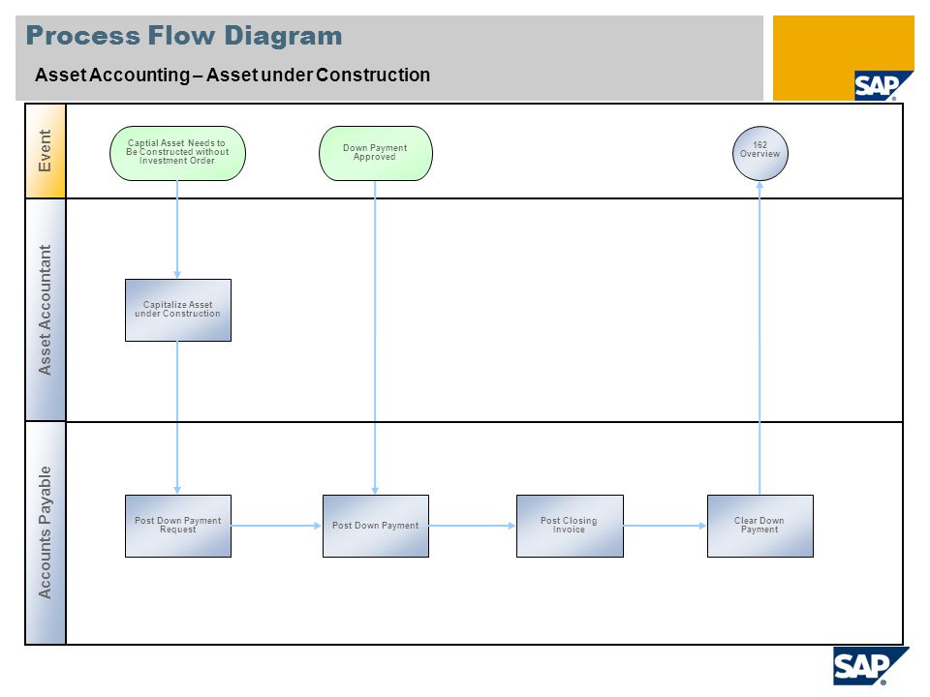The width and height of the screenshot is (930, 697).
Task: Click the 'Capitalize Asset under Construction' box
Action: (x=178, y=310)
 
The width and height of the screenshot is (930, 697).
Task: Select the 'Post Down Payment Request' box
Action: (x=178, y=526)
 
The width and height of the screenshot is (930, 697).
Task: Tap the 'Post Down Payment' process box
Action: (x=376, y=526)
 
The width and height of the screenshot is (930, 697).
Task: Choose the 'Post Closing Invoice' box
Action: (x=570, y=526)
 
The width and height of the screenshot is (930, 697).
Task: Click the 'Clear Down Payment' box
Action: (x=759, y=526)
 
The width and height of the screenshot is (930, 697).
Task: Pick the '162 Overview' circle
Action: (x=759, y=153)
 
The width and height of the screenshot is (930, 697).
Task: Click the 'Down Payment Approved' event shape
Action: (x=376, y=153)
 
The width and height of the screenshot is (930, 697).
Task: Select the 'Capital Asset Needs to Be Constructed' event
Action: (x=177, y=153)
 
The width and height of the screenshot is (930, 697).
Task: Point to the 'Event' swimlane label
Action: (x=46, y=151)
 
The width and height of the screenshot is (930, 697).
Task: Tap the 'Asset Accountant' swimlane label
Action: (x=46, y=310)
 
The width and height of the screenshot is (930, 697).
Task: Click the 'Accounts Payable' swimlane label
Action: (x=46, y=532)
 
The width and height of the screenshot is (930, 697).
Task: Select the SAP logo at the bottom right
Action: (x=870, y=666)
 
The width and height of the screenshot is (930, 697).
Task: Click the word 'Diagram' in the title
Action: (x=283, y=36)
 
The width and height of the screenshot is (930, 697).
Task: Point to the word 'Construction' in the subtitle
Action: (x=373, y=76)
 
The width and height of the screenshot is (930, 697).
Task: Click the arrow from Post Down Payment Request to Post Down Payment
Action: (x=276, y=526)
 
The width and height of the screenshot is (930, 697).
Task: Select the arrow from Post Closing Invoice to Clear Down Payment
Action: (x=665, y=526)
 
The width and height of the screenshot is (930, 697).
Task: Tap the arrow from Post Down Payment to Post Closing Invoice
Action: (x=472, y=526)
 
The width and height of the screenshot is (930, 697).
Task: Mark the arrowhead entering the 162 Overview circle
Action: (x=759, y=185)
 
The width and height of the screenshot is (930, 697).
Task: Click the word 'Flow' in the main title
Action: (x=181, y=36)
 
